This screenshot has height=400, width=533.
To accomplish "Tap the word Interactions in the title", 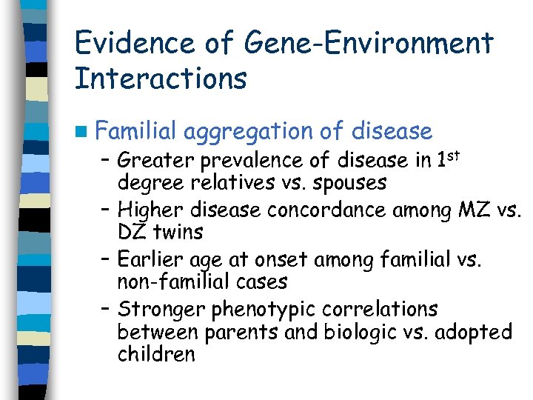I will (161, 79).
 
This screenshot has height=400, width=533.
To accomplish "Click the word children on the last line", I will (155, 354).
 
